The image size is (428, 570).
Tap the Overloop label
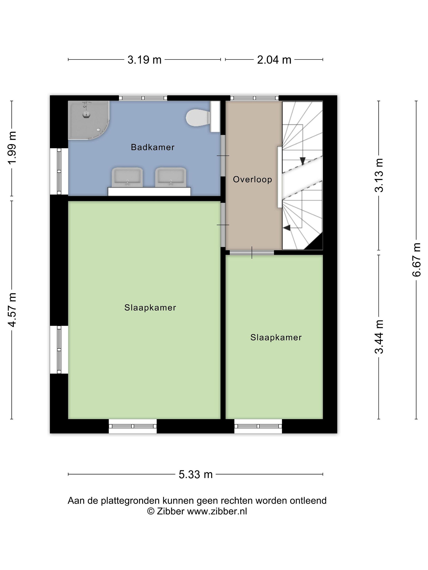pyautogui.click(x=252, y=179)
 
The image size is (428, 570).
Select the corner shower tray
pyautogui.click(x=89, y=120)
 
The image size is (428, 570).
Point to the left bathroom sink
pyautogui.click(x=127, y=177)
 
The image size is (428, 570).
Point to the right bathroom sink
pyautogui.click(x=171, y=177)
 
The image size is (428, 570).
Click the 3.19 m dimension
pyautogui.click(x=144, y=60)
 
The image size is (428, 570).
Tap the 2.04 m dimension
pyautogui.click(x=274, y=60)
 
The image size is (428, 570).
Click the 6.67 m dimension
pyautogui.click(x=416, y=260)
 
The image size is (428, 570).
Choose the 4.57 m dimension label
pyautogui.click(x=12, y=310)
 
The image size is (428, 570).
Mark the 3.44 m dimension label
pyautogui.click(x=379, y=337)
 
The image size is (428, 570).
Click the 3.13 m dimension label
pyautogui.click(x=379, y=175)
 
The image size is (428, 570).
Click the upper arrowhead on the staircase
pyautogui.click(x=303, y=161)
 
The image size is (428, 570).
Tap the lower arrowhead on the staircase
pyautogui.click(x=287, y=228)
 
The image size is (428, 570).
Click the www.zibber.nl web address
pyautogui.click(x=217, y=511)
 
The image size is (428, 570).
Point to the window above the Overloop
pyautogui.click(x=254, y=98)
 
